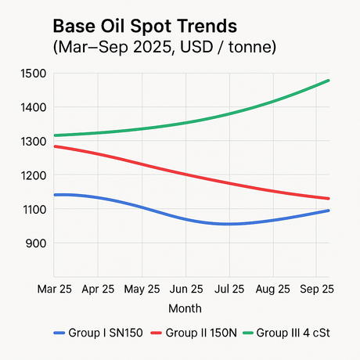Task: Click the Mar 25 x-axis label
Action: [55, 289]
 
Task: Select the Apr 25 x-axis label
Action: [98, 289]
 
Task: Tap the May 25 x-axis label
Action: [142, 289]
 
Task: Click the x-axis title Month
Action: [185, 308]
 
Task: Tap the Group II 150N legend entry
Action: [190, 332]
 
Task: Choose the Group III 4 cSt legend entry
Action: [286, 332]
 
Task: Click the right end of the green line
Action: [329, 81]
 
